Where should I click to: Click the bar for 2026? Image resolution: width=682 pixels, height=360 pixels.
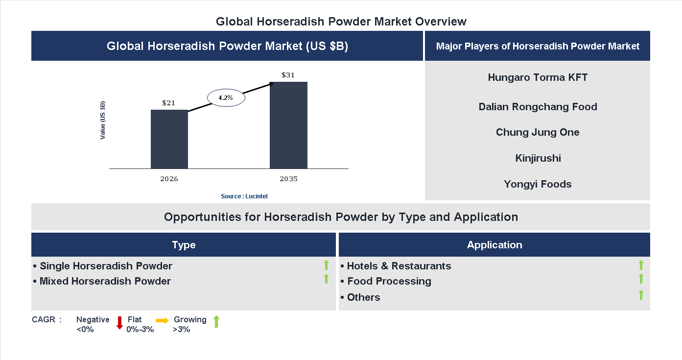click(x=169, y=139)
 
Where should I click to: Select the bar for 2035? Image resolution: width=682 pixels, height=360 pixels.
click(x=288, y=125)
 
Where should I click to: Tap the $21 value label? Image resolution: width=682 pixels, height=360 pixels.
click(x=169, y=103)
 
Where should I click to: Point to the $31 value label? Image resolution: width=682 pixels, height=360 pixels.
click(x=288, y=75)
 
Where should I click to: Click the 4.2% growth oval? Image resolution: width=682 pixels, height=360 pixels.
click(x=226, y=97)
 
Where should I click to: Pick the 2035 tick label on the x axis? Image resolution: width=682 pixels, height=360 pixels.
click(x=288, y=179)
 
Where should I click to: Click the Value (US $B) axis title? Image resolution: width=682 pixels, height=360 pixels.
click(x=103, y=120)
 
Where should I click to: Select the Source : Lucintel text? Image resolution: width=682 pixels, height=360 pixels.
click(x=244, y=196)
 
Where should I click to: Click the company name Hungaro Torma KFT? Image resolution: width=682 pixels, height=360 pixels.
click(x=538, y=77)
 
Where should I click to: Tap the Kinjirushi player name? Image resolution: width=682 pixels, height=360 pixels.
click(x=538, y=158)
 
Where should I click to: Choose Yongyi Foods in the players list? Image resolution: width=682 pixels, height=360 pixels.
click(x=538, y=184)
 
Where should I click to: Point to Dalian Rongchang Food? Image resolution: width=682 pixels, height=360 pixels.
click(x=538, y=107)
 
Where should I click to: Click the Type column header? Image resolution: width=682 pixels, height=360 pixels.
click(x=184, y=245)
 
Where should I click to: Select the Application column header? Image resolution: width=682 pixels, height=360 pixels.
click(x=494, y=245)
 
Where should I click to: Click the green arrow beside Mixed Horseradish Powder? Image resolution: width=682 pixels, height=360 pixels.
click(x=326, y=279)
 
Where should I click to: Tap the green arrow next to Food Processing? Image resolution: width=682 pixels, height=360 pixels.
click(x=641, y=279)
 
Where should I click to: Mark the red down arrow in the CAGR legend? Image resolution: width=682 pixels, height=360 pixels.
click(x=119, y=323)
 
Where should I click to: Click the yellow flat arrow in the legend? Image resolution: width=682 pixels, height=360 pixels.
click(x=162, y=320)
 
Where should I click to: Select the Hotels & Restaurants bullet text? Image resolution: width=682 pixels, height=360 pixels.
click(x=399, y=266)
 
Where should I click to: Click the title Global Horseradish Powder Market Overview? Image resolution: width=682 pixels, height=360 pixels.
click(x=341, y=22)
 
